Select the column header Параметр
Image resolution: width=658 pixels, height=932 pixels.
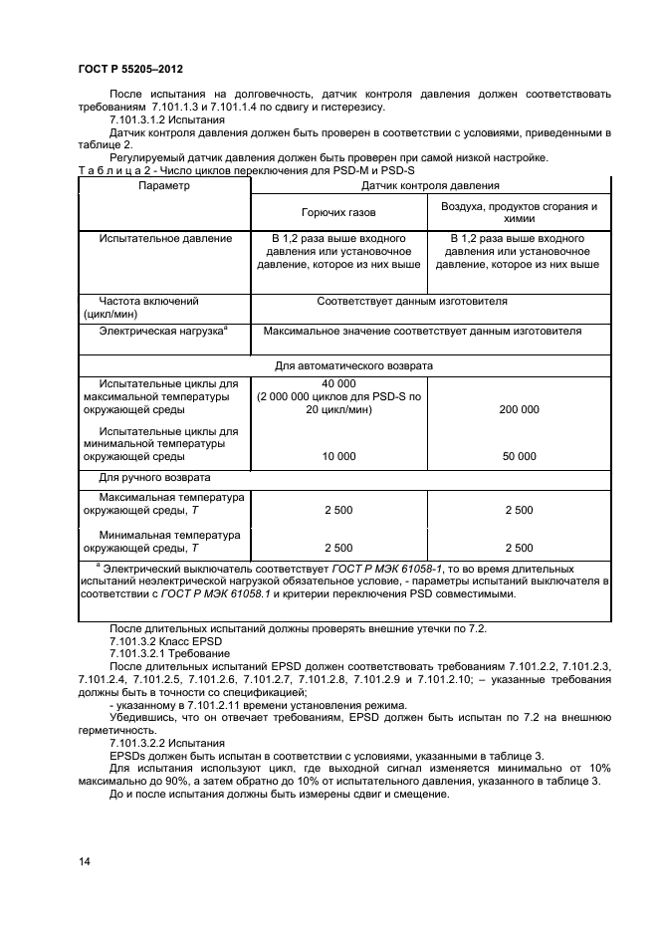pos(163,185)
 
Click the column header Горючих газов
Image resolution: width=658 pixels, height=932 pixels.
pos(337,212)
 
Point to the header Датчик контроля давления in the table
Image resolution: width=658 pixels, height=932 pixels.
pos(430,185)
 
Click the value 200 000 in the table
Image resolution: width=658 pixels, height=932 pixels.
pos(519,409)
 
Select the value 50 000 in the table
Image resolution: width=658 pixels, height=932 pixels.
pos(519,456)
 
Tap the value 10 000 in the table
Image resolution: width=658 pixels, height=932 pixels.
pos(338,456)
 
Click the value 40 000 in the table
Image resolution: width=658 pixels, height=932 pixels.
pos(338,383)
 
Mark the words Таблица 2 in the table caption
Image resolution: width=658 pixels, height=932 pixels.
pos(111,171)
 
